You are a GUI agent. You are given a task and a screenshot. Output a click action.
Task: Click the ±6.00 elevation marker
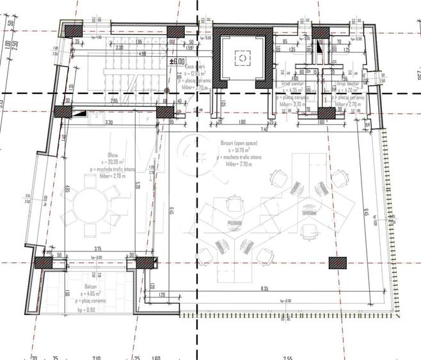tap(177, 61)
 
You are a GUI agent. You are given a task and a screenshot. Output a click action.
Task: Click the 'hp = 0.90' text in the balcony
tap(87, 309)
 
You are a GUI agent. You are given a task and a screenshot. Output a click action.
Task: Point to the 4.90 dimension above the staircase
tap(142, 54)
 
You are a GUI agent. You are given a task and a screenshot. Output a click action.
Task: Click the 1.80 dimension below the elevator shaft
tap(242, 121)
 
